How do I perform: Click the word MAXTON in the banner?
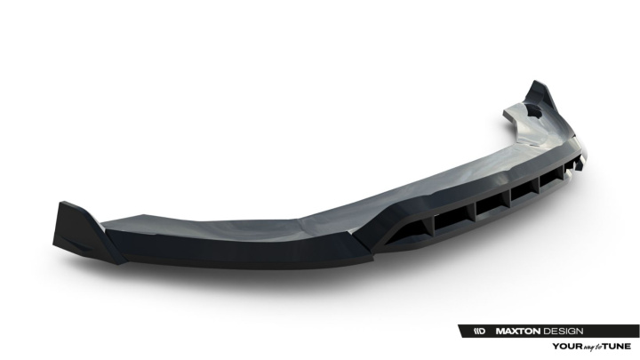point(517,331)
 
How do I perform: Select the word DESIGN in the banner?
point(563,331)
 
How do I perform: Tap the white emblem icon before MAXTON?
point(480,331)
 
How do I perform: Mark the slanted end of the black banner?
point(462,331)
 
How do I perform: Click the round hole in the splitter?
point(534,110)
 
